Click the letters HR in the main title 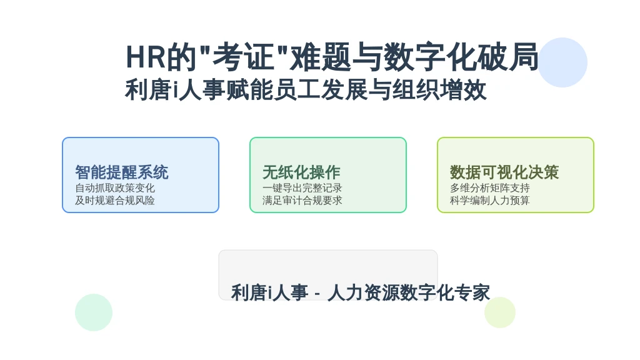coord(145,57)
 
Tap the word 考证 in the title coord(243,57)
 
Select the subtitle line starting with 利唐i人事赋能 coord(306,90)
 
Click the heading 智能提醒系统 coord(122,172)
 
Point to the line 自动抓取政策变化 coord(115,188)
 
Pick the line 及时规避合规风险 coord(115,201)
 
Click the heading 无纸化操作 coord(301,172)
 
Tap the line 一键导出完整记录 coord(302,188)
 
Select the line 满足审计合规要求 coord(302,201)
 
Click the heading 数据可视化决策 coord(504,172)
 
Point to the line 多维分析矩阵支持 coord(490,188)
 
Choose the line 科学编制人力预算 coord(490,201)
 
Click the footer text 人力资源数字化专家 coord(409,292)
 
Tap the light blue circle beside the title coord(562,62)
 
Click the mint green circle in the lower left coord(94,312)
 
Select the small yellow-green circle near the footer coord(500,312)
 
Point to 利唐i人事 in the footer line coord(269,292)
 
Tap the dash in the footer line coord(317,294)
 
